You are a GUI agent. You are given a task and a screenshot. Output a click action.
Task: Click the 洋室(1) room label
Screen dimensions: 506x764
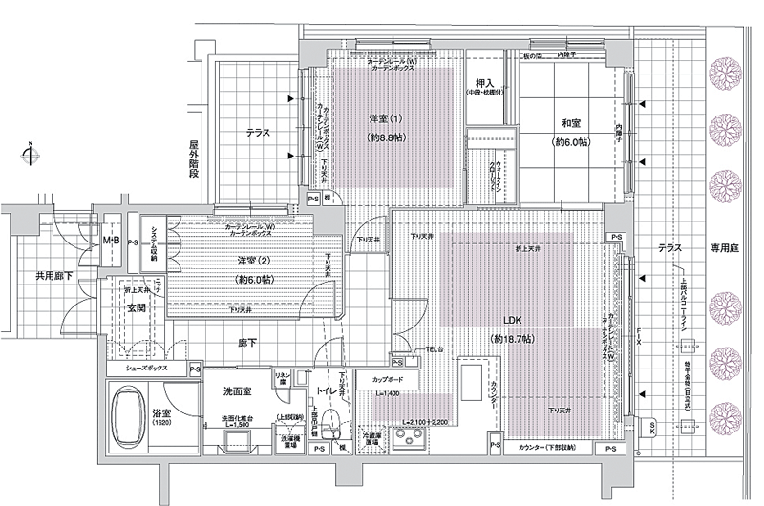(385, 118)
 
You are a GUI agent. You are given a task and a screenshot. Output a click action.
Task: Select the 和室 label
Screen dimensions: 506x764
(572, 123)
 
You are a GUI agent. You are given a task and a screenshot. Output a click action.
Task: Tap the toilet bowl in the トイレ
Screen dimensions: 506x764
(333, 420)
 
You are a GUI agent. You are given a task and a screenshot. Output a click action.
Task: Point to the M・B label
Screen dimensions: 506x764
(112, 241)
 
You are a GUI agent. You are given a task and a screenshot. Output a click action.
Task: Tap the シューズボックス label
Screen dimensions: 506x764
(146, 368)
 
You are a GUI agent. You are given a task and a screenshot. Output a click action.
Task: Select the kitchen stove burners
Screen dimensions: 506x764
(413, 442)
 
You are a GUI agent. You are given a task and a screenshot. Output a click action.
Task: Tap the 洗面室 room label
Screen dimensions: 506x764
(236, 390)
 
